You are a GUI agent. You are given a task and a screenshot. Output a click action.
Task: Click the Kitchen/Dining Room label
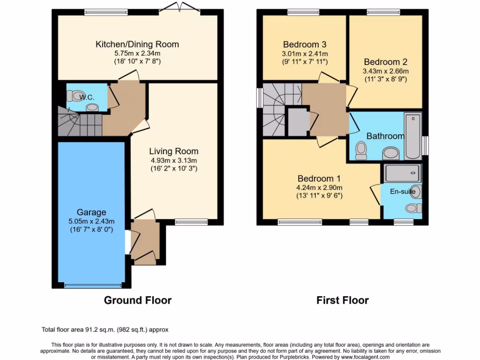pos(137,45)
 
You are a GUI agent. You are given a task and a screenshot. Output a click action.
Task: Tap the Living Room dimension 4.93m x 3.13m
pos(173,160)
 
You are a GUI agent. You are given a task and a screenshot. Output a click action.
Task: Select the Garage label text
pos(92,212)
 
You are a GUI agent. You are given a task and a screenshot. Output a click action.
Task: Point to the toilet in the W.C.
pos(73,96)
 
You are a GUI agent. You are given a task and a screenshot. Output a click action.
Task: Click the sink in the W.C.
pos(93,107)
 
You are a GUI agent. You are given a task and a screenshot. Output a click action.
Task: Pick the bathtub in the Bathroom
pos(413,136)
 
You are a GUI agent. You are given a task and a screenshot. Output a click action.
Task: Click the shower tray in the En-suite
pos(402,174)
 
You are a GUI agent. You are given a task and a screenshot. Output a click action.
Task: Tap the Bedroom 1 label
pos(319,179)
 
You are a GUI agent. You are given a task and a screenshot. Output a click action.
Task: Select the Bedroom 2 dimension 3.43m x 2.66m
pos(385,71)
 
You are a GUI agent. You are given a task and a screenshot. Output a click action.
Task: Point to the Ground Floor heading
pos(137,300)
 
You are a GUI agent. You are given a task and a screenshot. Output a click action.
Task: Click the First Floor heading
pos(342,300)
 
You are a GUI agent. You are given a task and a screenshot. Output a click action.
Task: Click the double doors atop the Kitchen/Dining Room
pos(171,7)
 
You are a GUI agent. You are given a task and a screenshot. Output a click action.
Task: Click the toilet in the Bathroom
pos(361,150)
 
